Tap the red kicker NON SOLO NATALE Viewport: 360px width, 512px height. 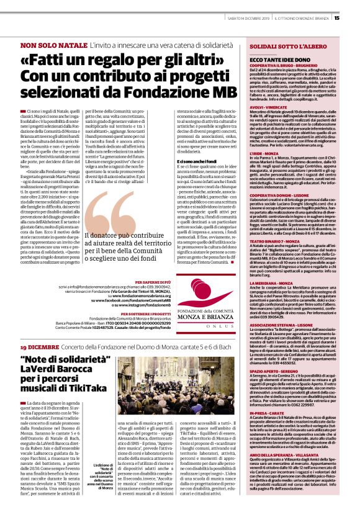pos(54,47)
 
